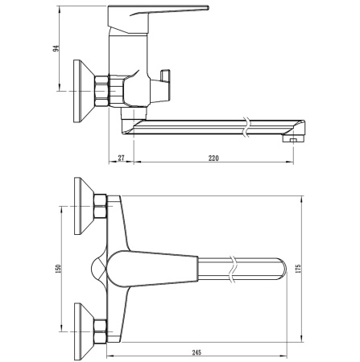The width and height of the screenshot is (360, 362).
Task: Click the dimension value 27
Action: [120, 158]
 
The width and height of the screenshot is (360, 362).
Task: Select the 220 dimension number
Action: [213, 158]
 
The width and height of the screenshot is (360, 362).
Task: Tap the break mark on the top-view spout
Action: [234, 266]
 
